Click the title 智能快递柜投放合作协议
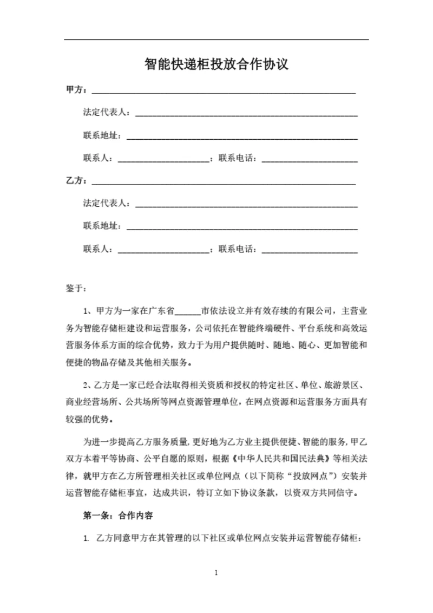[x=216, y=65]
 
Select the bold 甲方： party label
[x=76, y=89]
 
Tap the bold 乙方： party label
[x=76, y=180]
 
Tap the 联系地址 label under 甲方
[x=102, y=135]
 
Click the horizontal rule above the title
[x=216, y=40]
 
